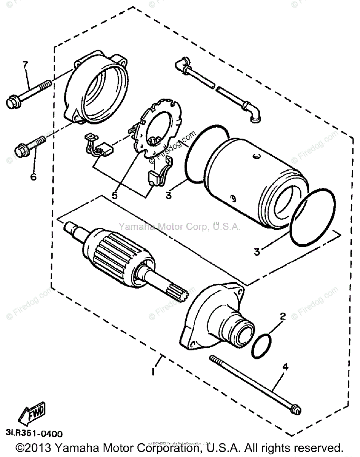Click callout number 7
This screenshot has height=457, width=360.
(25, 65)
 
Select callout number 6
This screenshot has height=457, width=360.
(33, 177)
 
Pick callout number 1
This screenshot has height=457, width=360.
(153, 370)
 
